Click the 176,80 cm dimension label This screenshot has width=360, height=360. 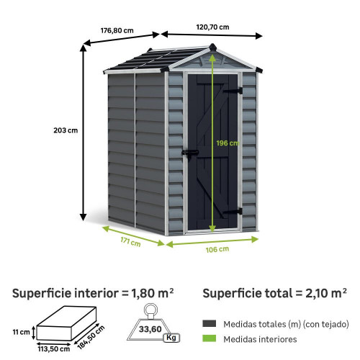117,31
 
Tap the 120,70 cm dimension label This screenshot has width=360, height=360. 212,27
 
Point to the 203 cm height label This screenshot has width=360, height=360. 66,130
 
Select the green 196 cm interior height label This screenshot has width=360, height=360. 228,143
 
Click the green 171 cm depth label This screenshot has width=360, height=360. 130,241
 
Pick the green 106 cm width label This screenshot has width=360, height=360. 217,250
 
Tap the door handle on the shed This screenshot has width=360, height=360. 190,153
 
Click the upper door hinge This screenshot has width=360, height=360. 233,91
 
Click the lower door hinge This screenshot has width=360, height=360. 233,212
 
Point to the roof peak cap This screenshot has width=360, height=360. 212,47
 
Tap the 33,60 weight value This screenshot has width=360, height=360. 150,329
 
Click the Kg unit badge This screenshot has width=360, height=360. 171,338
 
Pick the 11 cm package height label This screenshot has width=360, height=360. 21,332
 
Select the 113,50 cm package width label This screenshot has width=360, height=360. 54,349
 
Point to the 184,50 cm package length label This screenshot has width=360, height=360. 91,337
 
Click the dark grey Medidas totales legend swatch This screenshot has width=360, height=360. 209,323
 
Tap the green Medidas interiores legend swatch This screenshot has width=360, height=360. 209,338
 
